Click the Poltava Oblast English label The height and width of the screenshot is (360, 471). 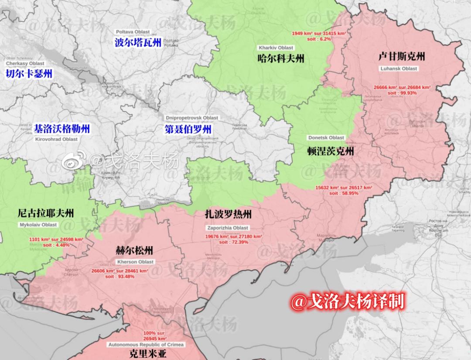pyautogui.click(x=133, y=32)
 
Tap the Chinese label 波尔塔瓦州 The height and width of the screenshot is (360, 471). pyautogui.click(x=138, y=42)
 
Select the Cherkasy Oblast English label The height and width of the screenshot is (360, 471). pyautogui.click(x=25, y=64)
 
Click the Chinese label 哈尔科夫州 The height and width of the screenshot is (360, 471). pyautogui.click(x=281, y=58)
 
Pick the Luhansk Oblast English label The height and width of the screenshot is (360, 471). pyautogui.click(x=399, y=69)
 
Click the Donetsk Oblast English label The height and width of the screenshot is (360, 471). pyautogui.click(x=326, y=137)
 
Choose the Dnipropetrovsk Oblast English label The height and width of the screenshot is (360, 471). pyautogui.click(x=192, y=118)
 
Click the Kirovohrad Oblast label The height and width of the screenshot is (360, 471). pyautogui.click(x=56, y=139)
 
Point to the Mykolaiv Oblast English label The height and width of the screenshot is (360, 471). pyautogui.click(x=38, y=225)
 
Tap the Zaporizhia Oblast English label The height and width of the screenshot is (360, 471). pyautogui.click(x=228, y=228)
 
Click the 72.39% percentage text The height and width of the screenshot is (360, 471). pyautogui.click(x=234, y=242)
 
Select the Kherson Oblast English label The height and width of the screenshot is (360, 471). pyautogui.click(x=136, y=262)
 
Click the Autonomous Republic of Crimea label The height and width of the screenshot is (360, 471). pyautogui.click(x=146, y=345)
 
